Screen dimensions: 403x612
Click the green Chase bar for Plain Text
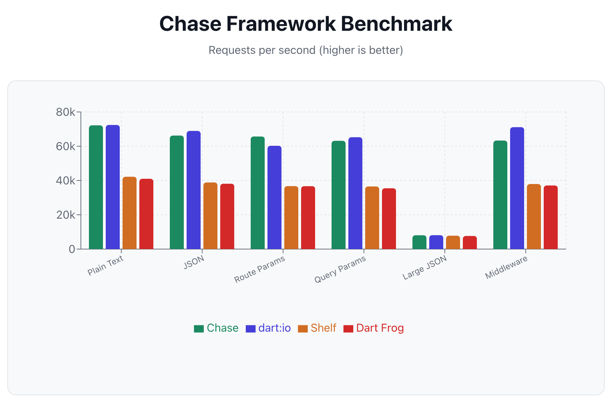click(x=96, y=187)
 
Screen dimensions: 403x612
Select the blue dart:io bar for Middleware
click(x=517, y=188)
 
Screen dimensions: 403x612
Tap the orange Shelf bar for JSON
click(x=210, y=215)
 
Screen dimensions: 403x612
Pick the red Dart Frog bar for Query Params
click(x=389, y=219)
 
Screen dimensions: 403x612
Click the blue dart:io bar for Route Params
click(x=274, y=197)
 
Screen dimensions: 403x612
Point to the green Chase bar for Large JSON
click(x=419, y=242)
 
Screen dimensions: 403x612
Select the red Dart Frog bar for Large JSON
click(x=470, y=242)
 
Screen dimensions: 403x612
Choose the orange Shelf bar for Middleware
click(x=534, y=217)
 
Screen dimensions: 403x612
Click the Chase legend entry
click(x=216, y=328)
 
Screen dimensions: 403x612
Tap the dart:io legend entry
click(x=269, y=328)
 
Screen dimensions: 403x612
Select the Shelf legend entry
click(x=317, y=328)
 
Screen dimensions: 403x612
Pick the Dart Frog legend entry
click(x=374, y=328)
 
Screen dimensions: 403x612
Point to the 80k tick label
click(x=65, y=112)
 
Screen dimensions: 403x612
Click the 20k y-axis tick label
click(x=65, y=215)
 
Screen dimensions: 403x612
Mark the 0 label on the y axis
click(x=72, y=249)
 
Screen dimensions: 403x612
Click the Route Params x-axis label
click(x=260, y=269)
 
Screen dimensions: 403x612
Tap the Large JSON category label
click(x=425, y=268)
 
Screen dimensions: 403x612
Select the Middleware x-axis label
click(x=506, y=268)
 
